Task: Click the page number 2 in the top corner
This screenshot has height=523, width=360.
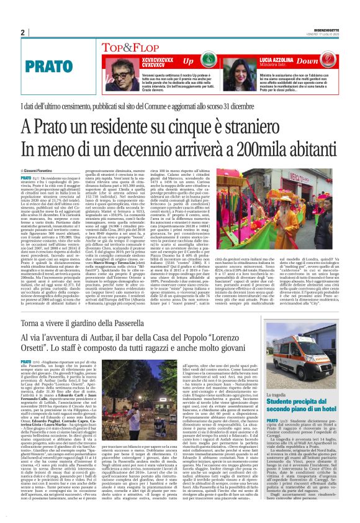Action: click(22, 32)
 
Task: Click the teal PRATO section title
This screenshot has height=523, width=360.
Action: click(45, 65)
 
